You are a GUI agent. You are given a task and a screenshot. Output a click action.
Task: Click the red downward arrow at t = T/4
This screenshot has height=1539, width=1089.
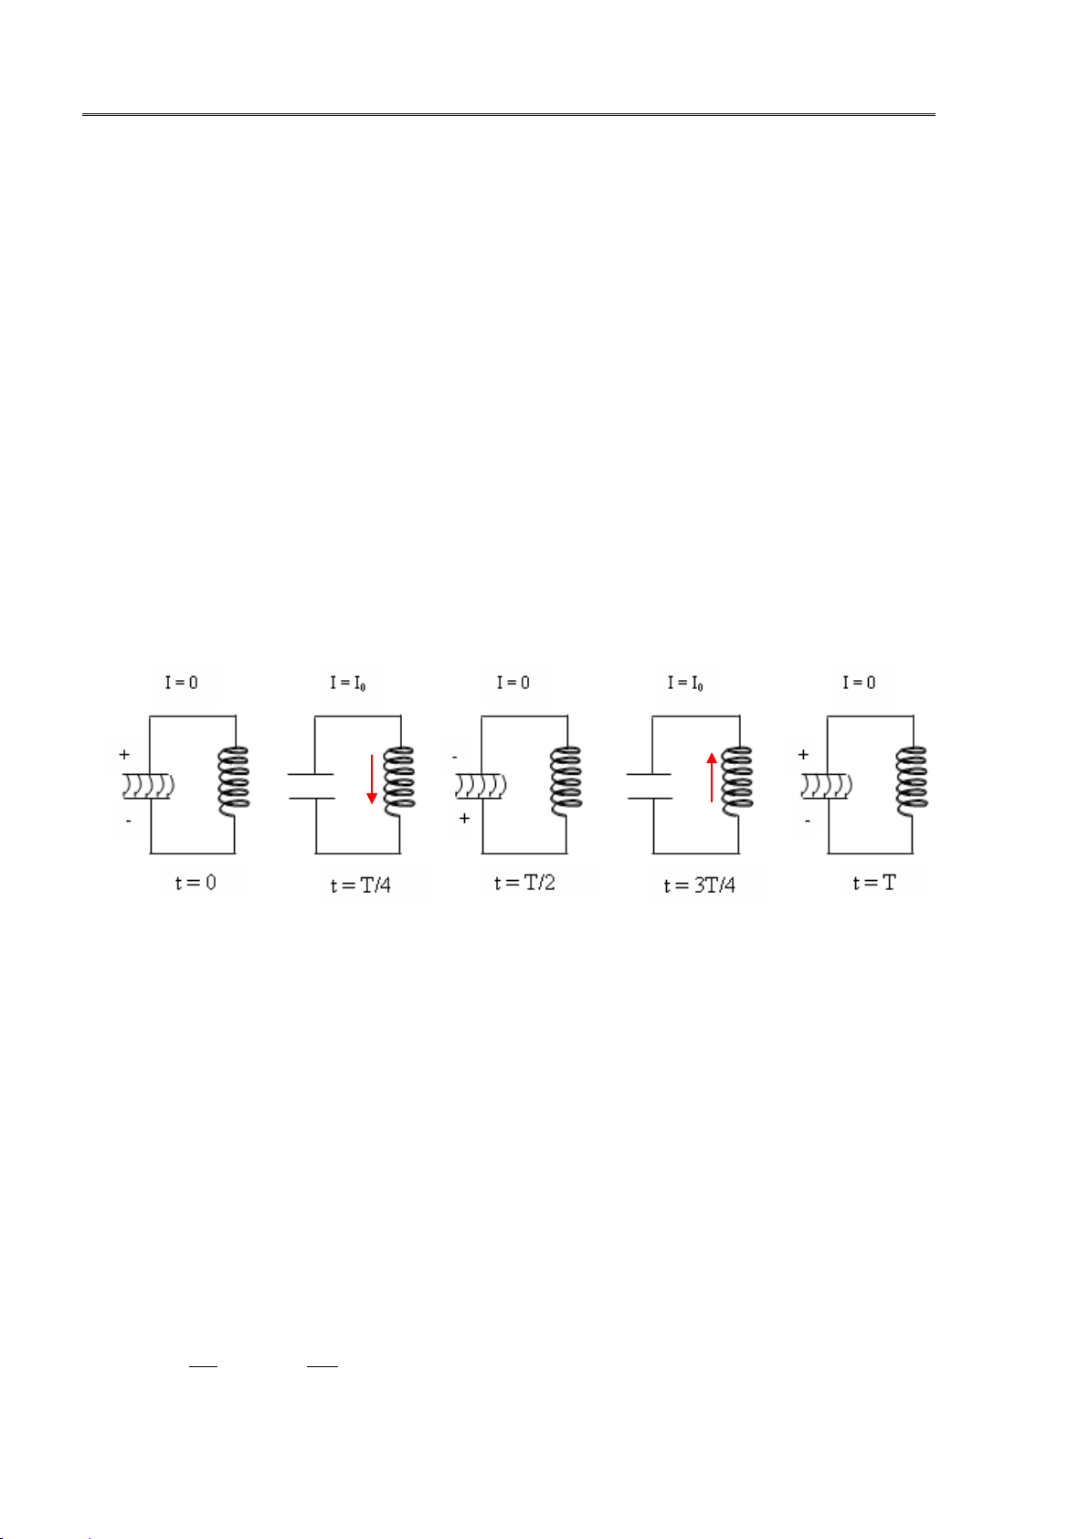(372, 779)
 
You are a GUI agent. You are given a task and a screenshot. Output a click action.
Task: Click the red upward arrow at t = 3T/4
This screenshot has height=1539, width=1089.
(712, 777)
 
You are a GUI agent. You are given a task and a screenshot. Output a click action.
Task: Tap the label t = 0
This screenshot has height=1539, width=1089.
(196, 882)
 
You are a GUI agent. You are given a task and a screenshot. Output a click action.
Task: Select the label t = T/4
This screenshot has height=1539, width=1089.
(361, 885)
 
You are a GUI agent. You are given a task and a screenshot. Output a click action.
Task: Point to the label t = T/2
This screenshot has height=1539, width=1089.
(524, 882)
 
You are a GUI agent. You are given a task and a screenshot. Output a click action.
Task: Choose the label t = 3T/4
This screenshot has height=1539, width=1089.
(699, 885)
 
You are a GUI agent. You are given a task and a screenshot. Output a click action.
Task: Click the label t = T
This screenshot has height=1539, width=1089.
(874, 882)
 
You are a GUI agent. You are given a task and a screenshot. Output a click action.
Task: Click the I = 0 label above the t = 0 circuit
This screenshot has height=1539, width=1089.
(181, 683)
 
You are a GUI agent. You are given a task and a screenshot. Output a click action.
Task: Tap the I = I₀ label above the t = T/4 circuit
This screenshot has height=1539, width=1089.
(347, 683)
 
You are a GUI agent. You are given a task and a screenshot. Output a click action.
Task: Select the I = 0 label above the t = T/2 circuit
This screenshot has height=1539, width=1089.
(513, 683)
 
